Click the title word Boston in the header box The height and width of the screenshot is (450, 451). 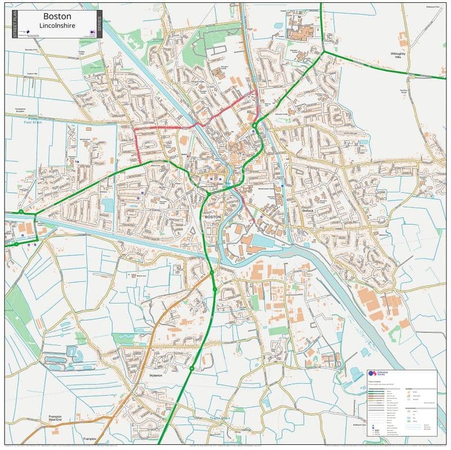pos(57,16)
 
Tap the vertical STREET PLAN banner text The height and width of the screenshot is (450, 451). pos(15,24)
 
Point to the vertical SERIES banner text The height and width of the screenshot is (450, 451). pos(99,24)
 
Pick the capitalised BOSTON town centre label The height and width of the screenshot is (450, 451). pos(214,217)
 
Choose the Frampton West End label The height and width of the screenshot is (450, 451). pos(55,418)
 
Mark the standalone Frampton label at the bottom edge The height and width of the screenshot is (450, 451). pos(90,439)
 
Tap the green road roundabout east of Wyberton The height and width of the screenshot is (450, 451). pos(192,369)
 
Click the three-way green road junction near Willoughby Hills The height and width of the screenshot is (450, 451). pos(324,52)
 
